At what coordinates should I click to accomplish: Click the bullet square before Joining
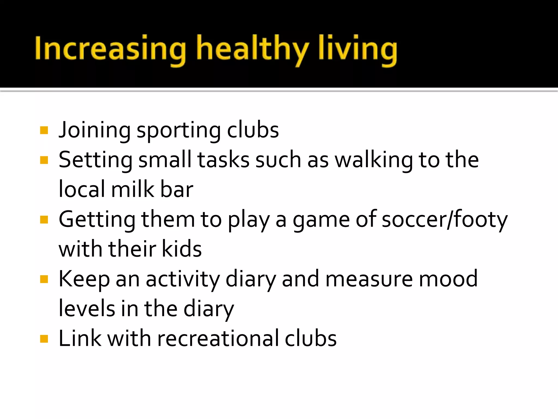coord(44,130)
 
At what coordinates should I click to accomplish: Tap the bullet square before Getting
coord(44,219)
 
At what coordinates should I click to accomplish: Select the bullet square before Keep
coord(44,279)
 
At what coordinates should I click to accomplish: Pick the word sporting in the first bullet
coord(178,130)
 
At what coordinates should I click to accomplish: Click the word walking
coord(374,160)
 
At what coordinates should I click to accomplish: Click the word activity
coord(183,279)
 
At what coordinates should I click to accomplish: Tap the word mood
coord(448,279)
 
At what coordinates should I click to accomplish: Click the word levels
coord(87,309)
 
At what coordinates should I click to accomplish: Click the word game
coord(321,220)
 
